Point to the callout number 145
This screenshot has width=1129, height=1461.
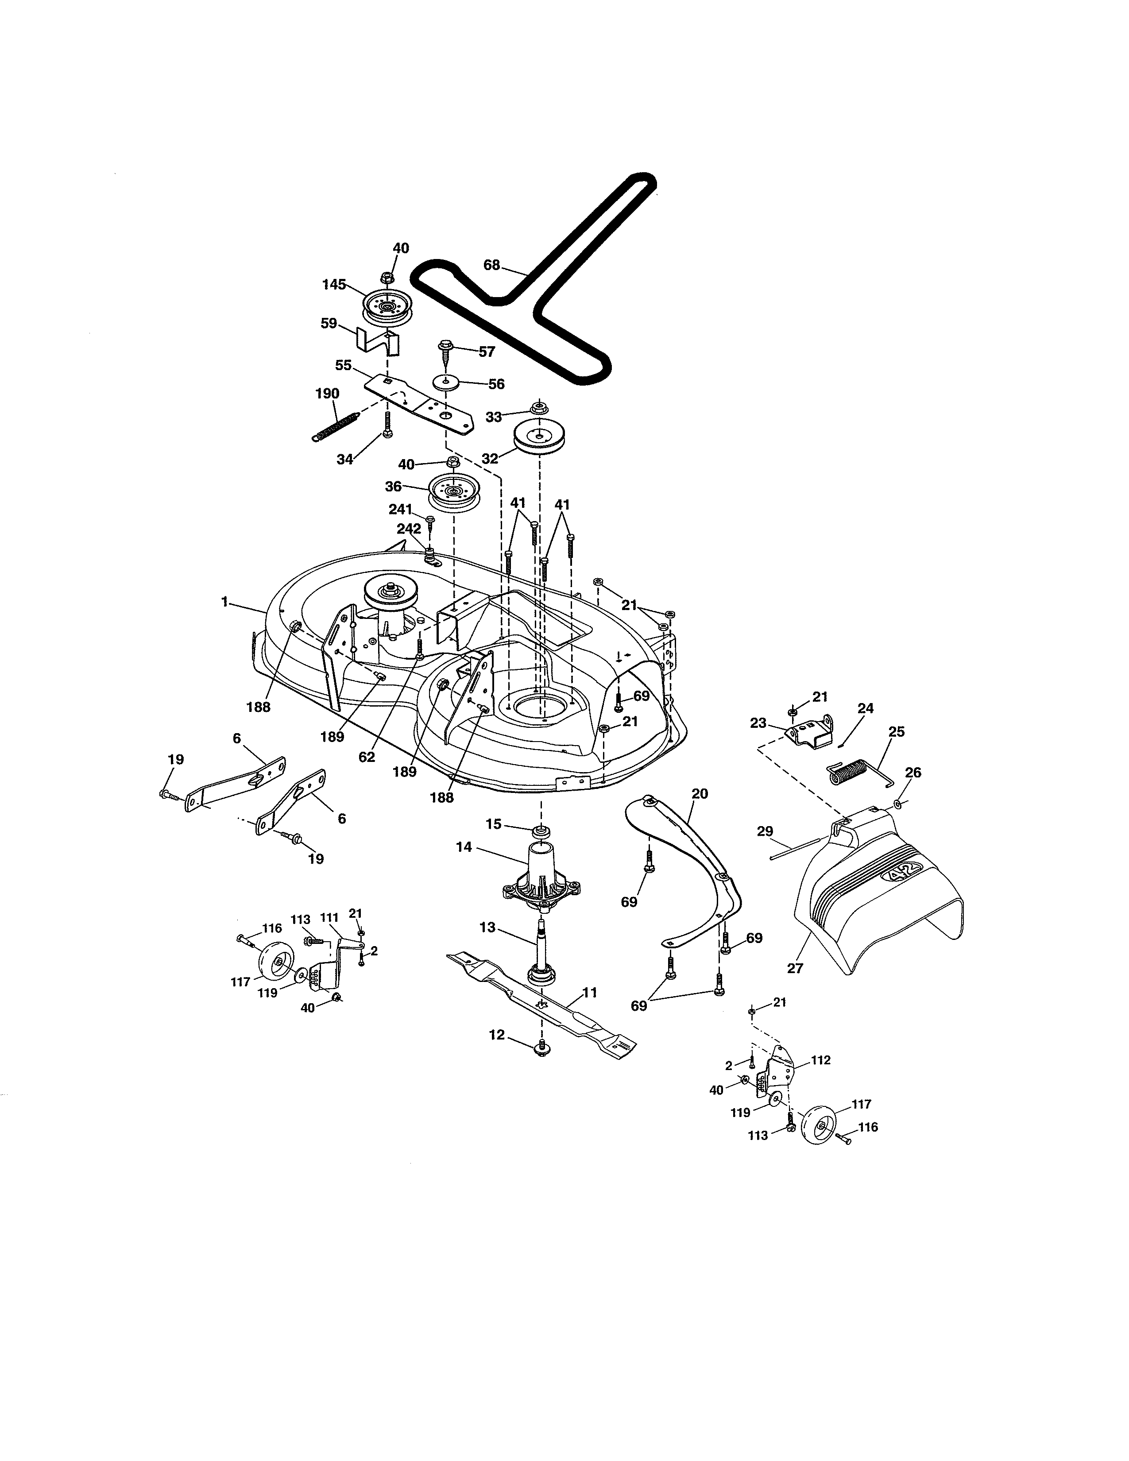pos(334,284)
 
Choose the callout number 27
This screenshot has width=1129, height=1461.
pos(795,968)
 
